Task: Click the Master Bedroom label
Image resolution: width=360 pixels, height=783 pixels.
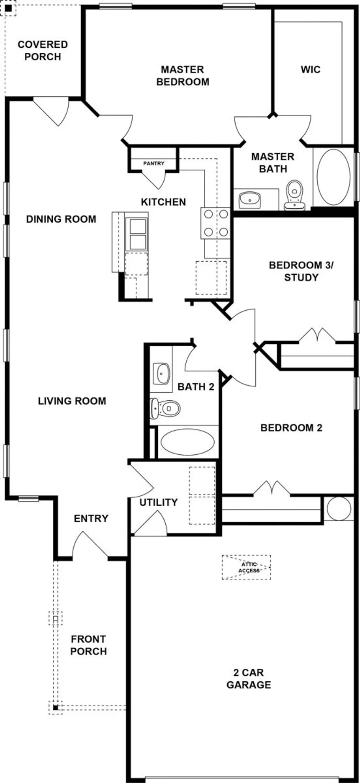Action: click(183, 75)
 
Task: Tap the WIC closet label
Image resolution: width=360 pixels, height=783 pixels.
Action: click(311, 69)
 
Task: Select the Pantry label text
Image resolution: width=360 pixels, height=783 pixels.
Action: click(154, 163)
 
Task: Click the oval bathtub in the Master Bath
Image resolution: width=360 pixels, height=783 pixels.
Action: click(334, 177)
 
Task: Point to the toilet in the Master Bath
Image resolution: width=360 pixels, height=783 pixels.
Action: click(295, 195)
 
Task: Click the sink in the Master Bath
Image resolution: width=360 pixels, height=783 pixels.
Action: click(250, 200)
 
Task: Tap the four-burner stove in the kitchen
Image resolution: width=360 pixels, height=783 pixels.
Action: click(216, 223)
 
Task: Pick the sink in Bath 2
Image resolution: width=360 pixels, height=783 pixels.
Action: click(162, 373)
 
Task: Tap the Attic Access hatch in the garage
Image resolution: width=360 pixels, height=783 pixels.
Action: click(247, 567)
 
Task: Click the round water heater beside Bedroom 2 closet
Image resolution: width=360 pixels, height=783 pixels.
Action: click(339, 509)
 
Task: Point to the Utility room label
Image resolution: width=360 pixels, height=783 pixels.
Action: click(159, 502)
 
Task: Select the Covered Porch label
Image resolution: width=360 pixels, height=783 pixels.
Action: click(43, 50)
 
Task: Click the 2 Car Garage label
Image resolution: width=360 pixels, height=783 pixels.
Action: click(249, 679)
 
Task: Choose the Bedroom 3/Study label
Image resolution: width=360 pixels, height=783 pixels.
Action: click(301, 271)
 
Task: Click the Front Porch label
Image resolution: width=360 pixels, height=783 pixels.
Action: click(89, 645)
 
